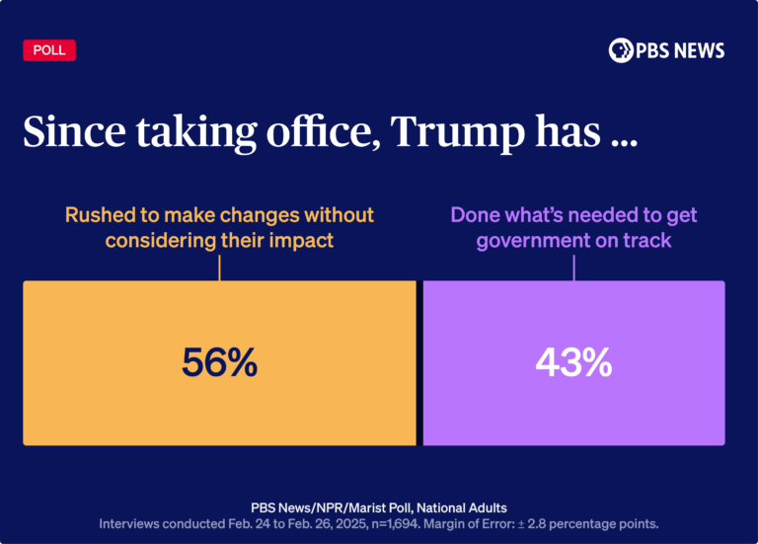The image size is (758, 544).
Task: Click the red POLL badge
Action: point(49,50)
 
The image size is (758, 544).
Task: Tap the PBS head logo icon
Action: point(621,50)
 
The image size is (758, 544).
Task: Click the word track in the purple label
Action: point(647,240)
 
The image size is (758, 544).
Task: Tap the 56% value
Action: point(219,363)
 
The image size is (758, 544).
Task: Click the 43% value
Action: point(573,363)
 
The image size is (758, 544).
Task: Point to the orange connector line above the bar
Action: point(219,267)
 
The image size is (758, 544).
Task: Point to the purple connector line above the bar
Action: point(573,267)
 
